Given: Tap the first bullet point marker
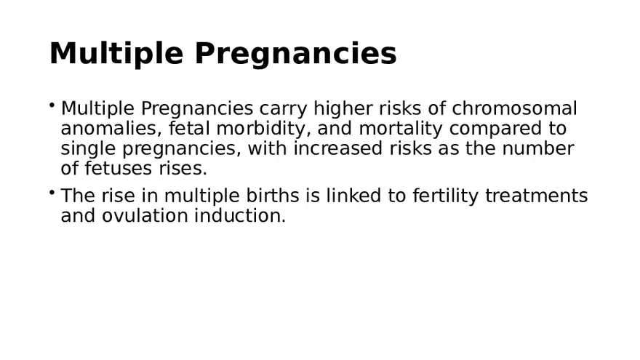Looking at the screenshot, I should tap(52, 105).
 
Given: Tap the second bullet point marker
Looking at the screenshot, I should tap(52, 193).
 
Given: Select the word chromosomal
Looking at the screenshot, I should tap(514, 109).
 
